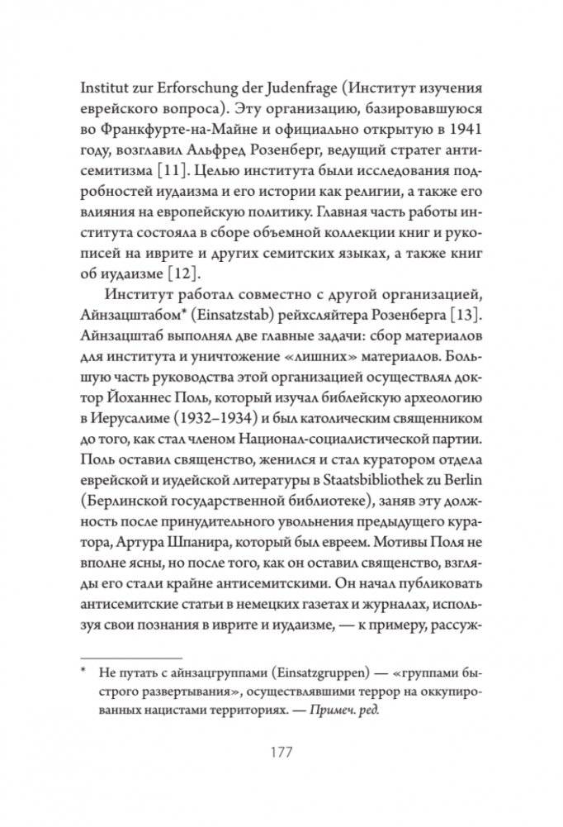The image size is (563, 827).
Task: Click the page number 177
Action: (x=281, y=753)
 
